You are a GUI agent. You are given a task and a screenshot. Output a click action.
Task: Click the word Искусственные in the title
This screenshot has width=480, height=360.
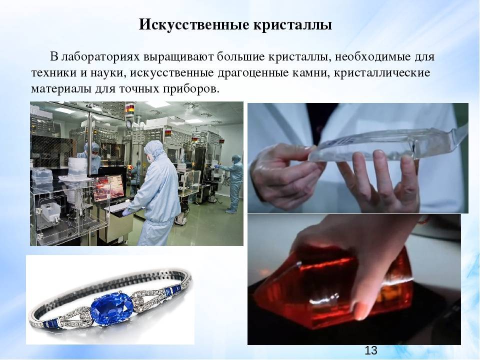pos(194,25)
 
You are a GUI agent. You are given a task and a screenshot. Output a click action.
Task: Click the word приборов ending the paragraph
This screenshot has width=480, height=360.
pos(191,89)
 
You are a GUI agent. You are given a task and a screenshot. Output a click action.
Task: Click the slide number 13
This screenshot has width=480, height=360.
pos(370,350)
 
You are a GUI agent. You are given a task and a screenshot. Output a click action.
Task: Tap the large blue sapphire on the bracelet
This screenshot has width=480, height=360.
pos(112,307)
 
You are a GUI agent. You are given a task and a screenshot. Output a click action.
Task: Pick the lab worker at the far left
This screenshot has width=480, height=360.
pos(90,156)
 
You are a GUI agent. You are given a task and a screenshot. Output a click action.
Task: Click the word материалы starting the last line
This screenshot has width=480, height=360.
pos(61,89)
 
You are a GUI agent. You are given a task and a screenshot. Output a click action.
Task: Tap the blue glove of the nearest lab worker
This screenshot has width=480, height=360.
pos(126,212)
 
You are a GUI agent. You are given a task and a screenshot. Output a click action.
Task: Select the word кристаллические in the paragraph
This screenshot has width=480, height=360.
pos(381,73)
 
